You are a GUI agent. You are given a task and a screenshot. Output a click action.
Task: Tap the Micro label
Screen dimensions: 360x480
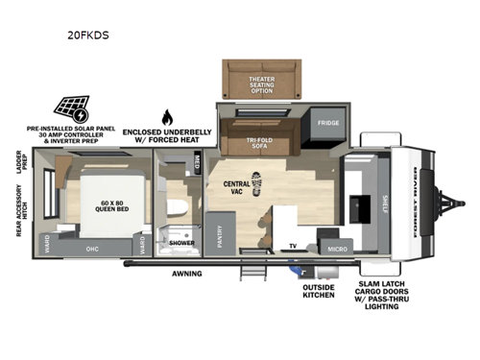[x=335, y=249]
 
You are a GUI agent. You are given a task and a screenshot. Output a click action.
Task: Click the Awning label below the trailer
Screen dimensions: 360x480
[x=188, y=274]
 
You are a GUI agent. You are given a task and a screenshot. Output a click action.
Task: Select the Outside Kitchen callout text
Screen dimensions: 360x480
[x=319, y=290]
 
